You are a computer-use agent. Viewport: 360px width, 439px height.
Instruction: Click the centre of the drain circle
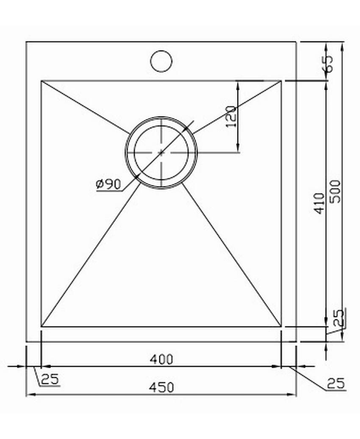(x=161, y=152)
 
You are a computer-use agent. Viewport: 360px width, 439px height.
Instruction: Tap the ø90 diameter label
(x=108, y=184)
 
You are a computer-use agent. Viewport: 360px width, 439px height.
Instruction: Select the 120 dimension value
(x=231, y=117)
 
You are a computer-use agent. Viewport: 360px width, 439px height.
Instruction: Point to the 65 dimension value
(x=328, y=64)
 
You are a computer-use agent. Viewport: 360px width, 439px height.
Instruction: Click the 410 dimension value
(x=319, y=203)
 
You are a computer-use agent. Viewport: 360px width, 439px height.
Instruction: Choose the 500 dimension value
(x=335, y=192)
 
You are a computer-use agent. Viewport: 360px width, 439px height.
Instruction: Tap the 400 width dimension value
(x=161, y=359)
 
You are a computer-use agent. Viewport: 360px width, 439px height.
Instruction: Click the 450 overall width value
(x=161, y=387)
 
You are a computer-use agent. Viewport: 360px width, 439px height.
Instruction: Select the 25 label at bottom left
(x=50, y=379)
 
